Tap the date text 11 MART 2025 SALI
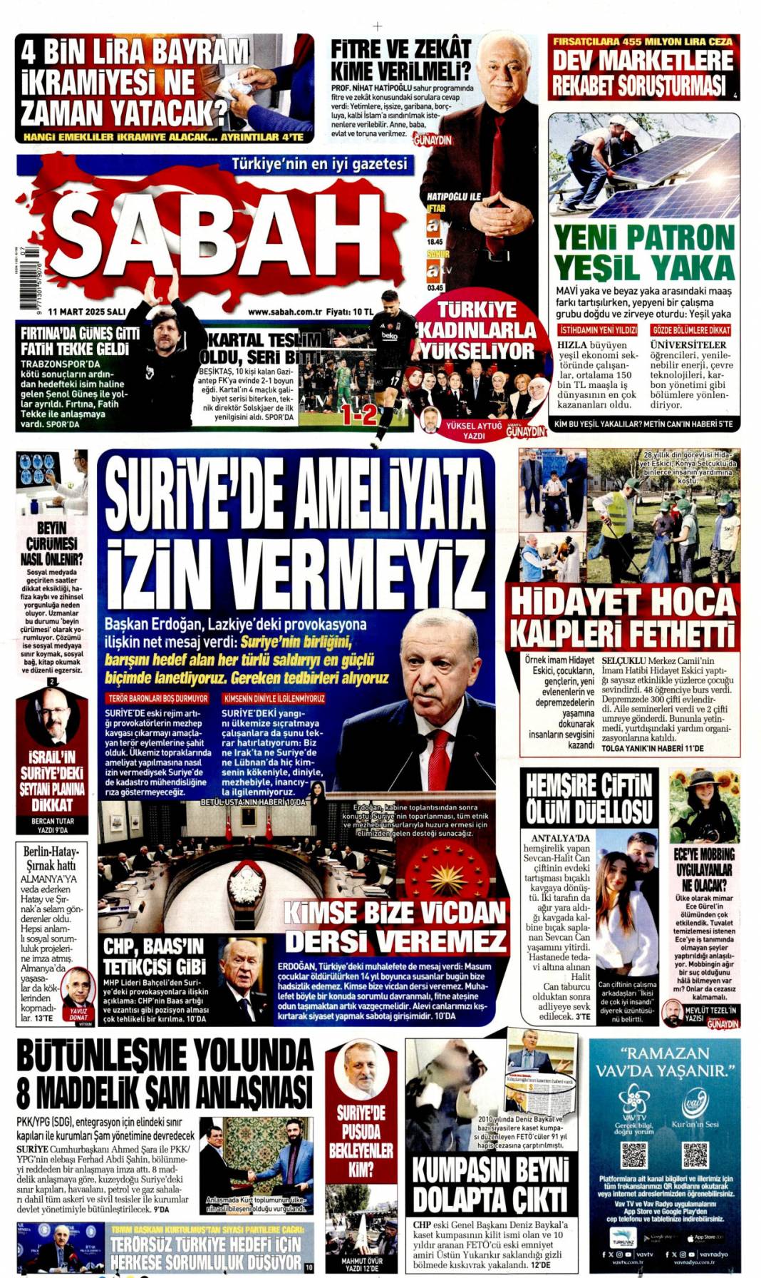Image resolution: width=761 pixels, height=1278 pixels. (x=87, y=312)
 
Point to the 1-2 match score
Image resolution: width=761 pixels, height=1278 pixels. (x=358, y=414)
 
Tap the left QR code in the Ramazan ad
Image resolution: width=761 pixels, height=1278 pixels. (x=633, y=1154)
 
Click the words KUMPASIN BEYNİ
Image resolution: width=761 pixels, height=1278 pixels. (x=491, y=1170)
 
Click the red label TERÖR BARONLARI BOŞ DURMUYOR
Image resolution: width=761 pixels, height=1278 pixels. (x=157, y=698)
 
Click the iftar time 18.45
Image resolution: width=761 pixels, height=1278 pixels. (x=435, y=242)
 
